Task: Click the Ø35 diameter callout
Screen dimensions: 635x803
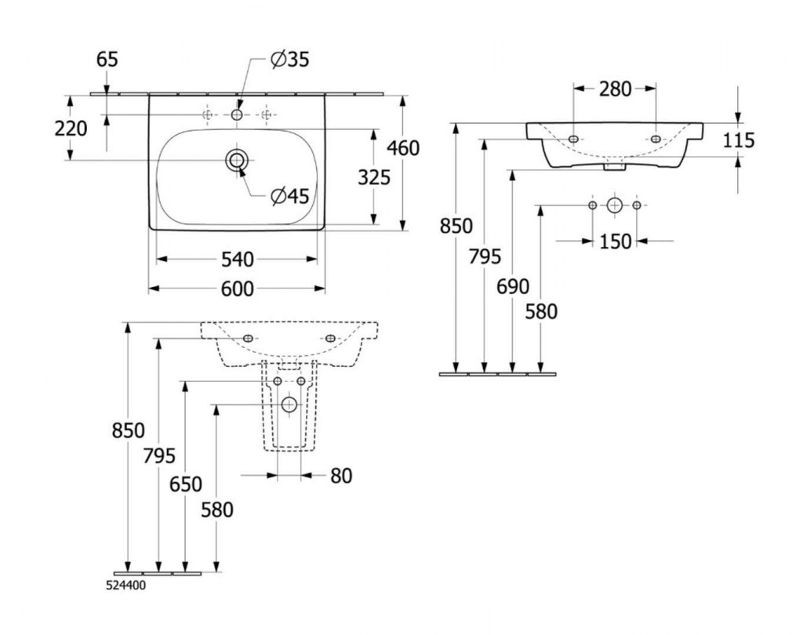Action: click(x=289, y=60)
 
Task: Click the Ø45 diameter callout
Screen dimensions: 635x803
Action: click(x=289, y=197)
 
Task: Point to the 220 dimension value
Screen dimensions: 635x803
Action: click(x=71, y=128)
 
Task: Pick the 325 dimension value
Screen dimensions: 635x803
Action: click(x=374, y=178)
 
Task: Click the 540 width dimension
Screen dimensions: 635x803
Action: click(x=237, y=259)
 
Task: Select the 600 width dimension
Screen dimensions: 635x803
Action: click(x=237, y=289)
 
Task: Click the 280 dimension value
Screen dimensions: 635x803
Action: click(x=615, y=89)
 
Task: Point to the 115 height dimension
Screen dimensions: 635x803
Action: click(x=739, y=140)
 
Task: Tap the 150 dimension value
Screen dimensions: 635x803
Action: click(x=615, y=241)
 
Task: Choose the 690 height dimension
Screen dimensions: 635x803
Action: click(x=513, y=287)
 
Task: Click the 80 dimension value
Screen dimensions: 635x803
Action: click(x=340, y=475)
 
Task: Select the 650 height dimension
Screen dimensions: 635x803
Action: click(x=186, y=484)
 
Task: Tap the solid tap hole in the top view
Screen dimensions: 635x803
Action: click(x=237, y=115)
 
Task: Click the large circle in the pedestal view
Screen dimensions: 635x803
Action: click(x=289, y=405)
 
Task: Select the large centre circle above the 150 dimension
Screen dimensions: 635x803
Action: click(x=615, y=205)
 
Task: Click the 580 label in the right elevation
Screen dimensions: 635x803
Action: click(x=542, y=312)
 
